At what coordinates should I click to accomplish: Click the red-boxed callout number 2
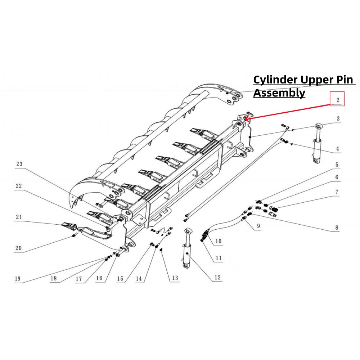click(338, 99)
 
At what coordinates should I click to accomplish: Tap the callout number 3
click(338, 119)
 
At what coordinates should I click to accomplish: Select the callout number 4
click(338, 148)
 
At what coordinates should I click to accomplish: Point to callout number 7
click(337, 192)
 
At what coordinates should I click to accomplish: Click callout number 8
click(337, 228)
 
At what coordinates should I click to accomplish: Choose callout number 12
click(217, 278)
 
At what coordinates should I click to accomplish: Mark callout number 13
click(175, 278)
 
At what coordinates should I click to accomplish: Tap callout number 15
click(120, 278)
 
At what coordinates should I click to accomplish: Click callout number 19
click(18, 278)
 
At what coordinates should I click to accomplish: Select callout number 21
click(19, 217)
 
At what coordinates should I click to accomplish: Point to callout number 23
click(19, 164)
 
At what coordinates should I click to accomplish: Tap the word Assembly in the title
click(279, 93)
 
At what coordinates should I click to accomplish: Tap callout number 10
click(218, 241)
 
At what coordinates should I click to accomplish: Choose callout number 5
click(337, 165)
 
